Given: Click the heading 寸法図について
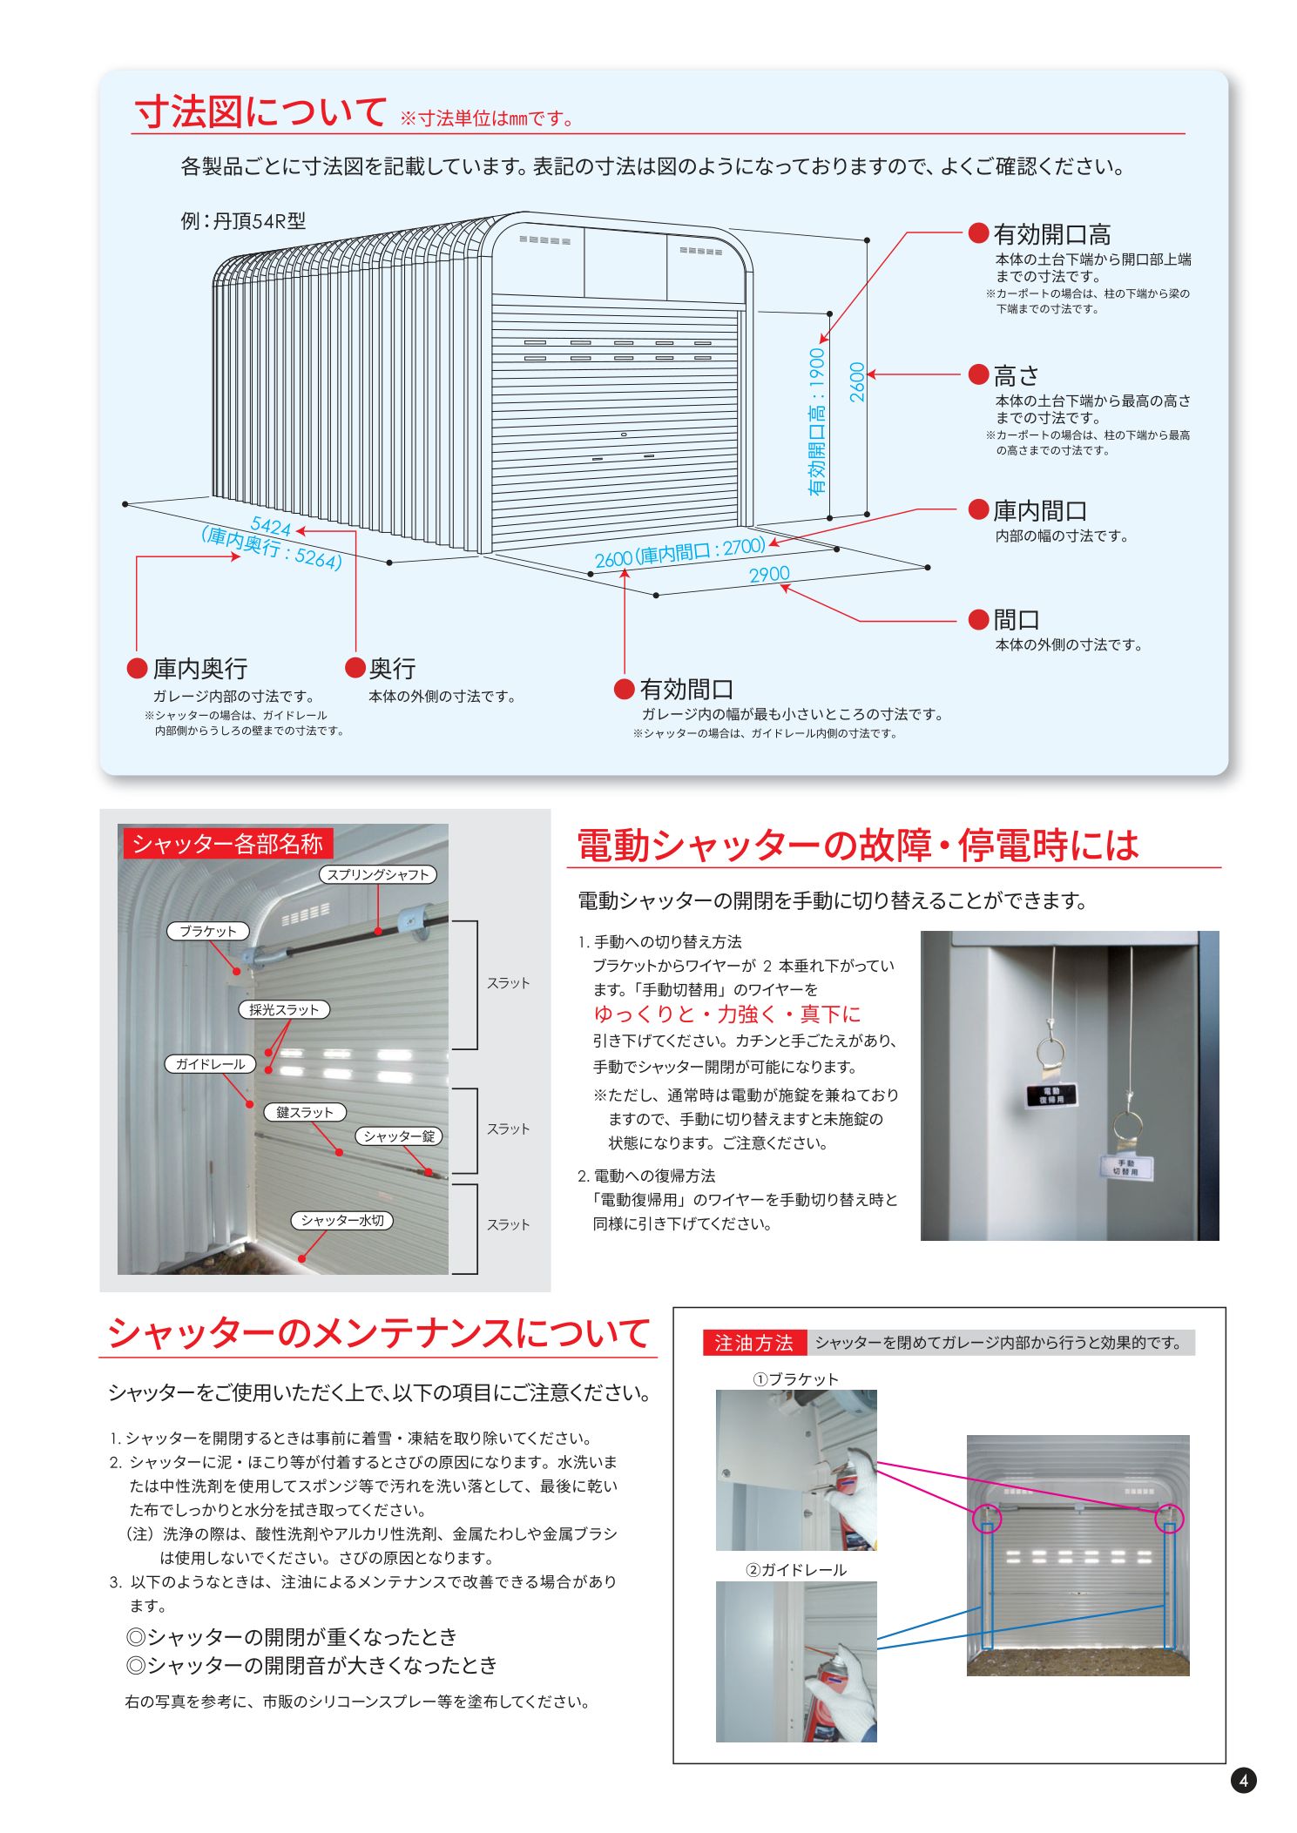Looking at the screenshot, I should pyautogui.click(x=260, y=112).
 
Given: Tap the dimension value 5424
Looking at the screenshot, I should pyautogui.click(x=270, y=527).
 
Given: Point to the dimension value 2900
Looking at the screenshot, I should pyautogui.click(x=769, y=575).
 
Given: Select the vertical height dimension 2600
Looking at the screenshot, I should pyautogui.click(x=857, y=381).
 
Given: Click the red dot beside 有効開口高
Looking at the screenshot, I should pyautogui.click(x=978, y=232).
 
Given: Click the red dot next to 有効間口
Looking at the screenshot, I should pyautogui.click(x=624, y=689).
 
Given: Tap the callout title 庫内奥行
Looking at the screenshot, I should pyautogui.click(x=199, y=669).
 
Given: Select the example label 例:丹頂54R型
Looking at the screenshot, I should pyautogui.click(x=243, y=221).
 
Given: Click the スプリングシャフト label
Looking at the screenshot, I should pyautogui.click(x=378, y=874).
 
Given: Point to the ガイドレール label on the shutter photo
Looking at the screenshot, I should pyautogui.click(x=210, y=1063).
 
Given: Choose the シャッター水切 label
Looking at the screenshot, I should pyautogui.click(x=341, y=1220).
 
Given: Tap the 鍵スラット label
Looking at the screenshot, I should pyautogui.click(x=305, y=1112).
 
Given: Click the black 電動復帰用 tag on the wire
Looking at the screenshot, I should pyautogui.click(x=1050, y=1095).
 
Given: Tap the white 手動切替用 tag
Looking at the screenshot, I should pyautogui.click(x=1127, y=1167).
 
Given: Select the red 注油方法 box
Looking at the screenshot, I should pyautogui.click(x=753, y=1343).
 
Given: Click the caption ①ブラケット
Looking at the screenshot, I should pyautogui.click(x=795, y=1378).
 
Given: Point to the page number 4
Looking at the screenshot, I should pyautogui.click(x=1243, y=1781).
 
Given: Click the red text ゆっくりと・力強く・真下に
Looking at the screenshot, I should pyautogui.click(x=727, y=1014).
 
